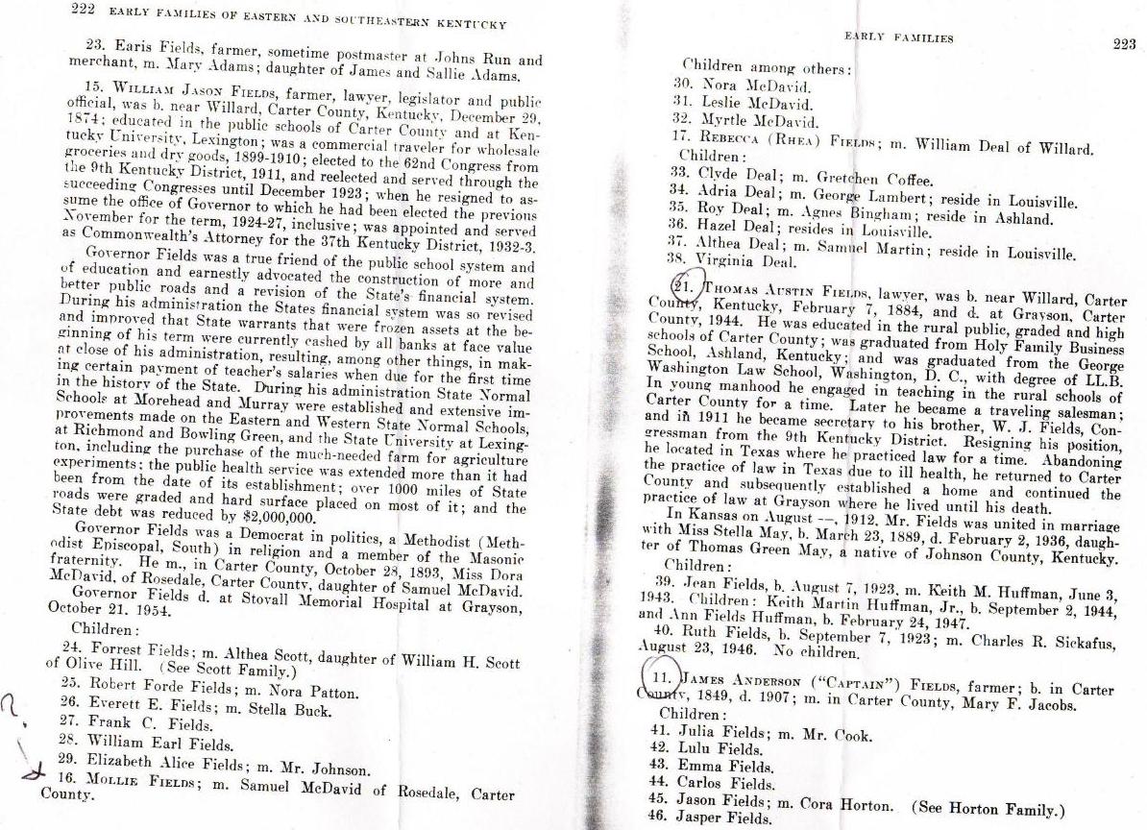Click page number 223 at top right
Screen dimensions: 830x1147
(x=1122, y=44)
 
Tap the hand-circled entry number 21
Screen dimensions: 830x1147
(x=686, y=285)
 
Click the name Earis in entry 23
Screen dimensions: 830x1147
(x=132, y=45)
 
